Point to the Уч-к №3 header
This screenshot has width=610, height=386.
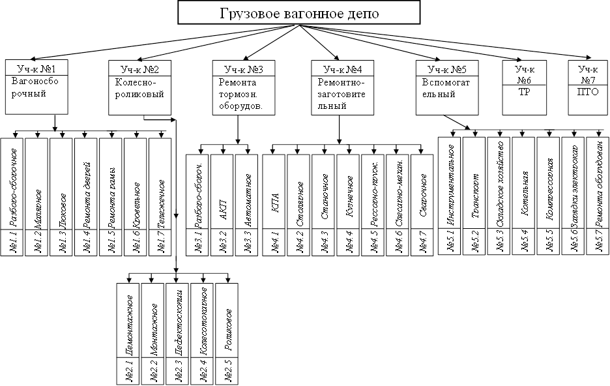(239, 68)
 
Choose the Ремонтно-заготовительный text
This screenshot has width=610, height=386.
(341, 93)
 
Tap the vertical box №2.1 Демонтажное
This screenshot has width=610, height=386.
(128, 333)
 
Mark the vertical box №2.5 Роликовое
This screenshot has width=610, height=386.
(227, 333)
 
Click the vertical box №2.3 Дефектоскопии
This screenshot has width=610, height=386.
(178, 333)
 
